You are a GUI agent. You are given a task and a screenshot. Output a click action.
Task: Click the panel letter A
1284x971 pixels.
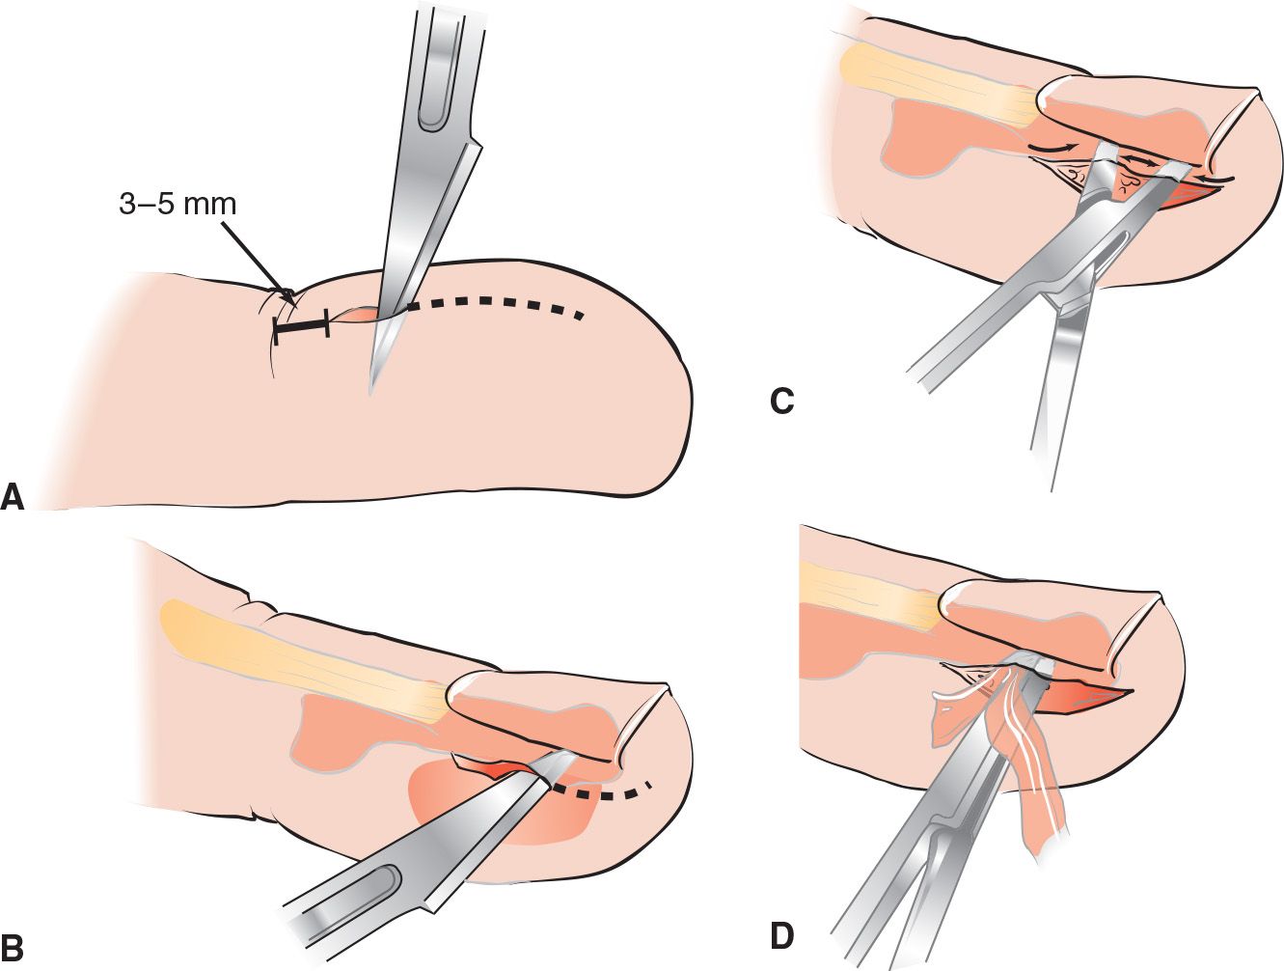tap(13, 496)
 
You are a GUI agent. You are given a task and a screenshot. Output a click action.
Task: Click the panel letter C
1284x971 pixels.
tap(781, 400)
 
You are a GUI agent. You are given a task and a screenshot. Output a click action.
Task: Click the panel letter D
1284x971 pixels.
tap(782, 934)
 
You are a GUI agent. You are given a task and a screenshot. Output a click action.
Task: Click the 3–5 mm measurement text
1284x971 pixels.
tap(178, 205)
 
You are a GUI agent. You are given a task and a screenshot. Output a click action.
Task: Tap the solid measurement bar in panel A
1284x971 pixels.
tap(301, 325)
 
